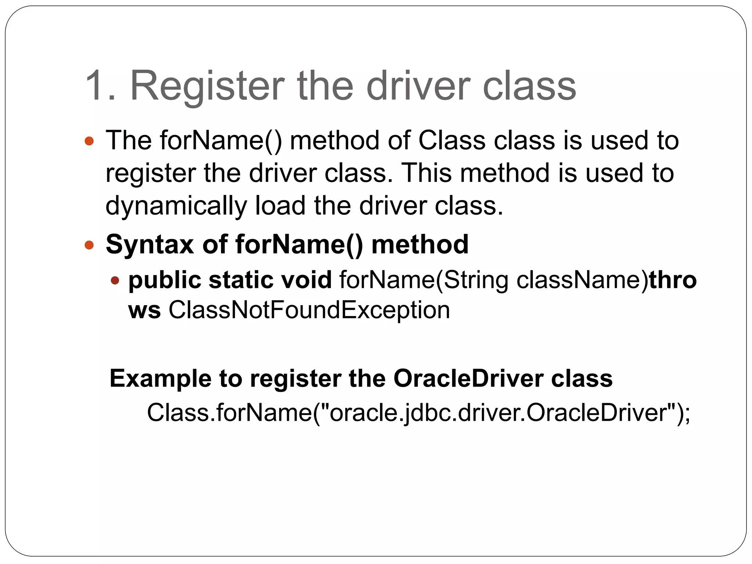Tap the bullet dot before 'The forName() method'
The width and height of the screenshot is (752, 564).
click(89, 141)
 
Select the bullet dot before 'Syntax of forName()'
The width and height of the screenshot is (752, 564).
click(89, 245)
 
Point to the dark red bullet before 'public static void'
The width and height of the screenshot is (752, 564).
click(115, 281)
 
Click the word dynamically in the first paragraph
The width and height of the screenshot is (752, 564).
click(176, 206)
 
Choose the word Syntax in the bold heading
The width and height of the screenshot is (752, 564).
click(149, 245)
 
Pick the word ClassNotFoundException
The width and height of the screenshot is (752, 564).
click(309, 310)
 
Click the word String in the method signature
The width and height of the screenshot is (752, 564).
click(476, 281)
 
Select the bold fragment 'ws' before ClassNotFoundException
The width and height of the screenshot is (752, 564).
click(144, 311)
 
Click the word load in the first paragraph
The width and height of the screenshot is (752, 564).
click(280, 205)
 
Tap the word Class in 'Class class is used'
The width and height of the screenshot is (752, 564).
click(452, 141)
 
